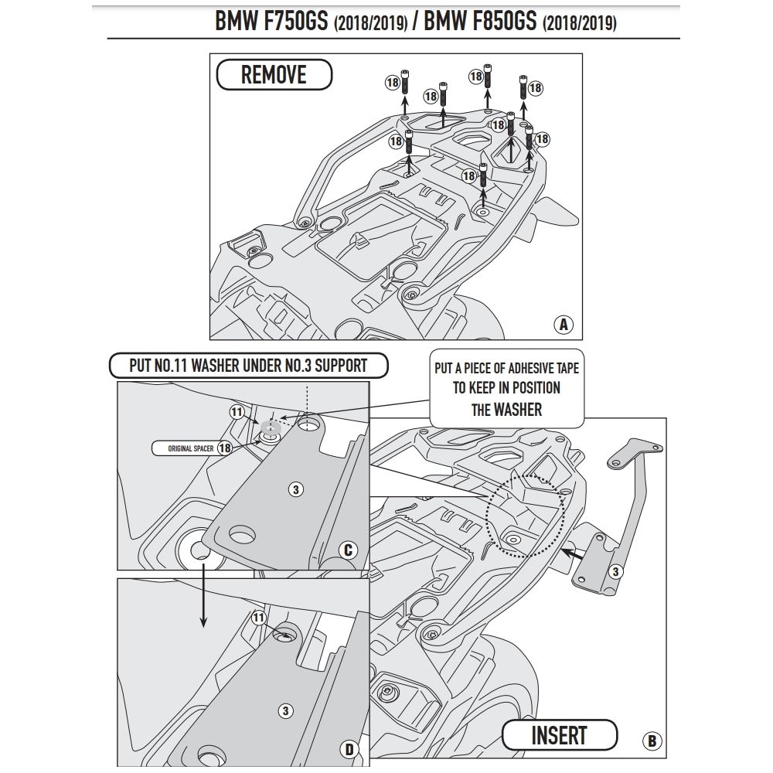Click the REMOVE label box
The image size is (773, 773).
tap(274, 75)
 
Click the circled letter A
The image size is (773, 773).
tap(564, 324)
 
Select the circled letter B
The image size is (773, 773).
tap(652, 741)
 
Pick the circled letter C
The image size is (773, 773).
tap(347, 550)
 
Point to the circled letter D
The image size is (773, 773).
tap(348, 748)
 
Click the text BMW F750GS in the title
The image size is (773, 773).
tap(272, 22)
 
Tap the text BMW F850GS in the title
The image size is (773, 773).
tap(482, 22)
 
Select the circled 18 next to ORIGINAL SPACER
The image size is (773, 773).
tap(225, 448)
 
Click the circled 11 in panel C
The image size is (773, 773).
tap(237, 411)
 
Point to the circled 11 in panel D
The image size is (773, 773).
tap(258, 618)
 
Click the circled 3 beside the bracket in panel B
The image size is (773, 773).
tap(615, 572)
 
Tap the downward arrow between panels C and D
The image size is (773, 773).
tap(203, 591)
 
